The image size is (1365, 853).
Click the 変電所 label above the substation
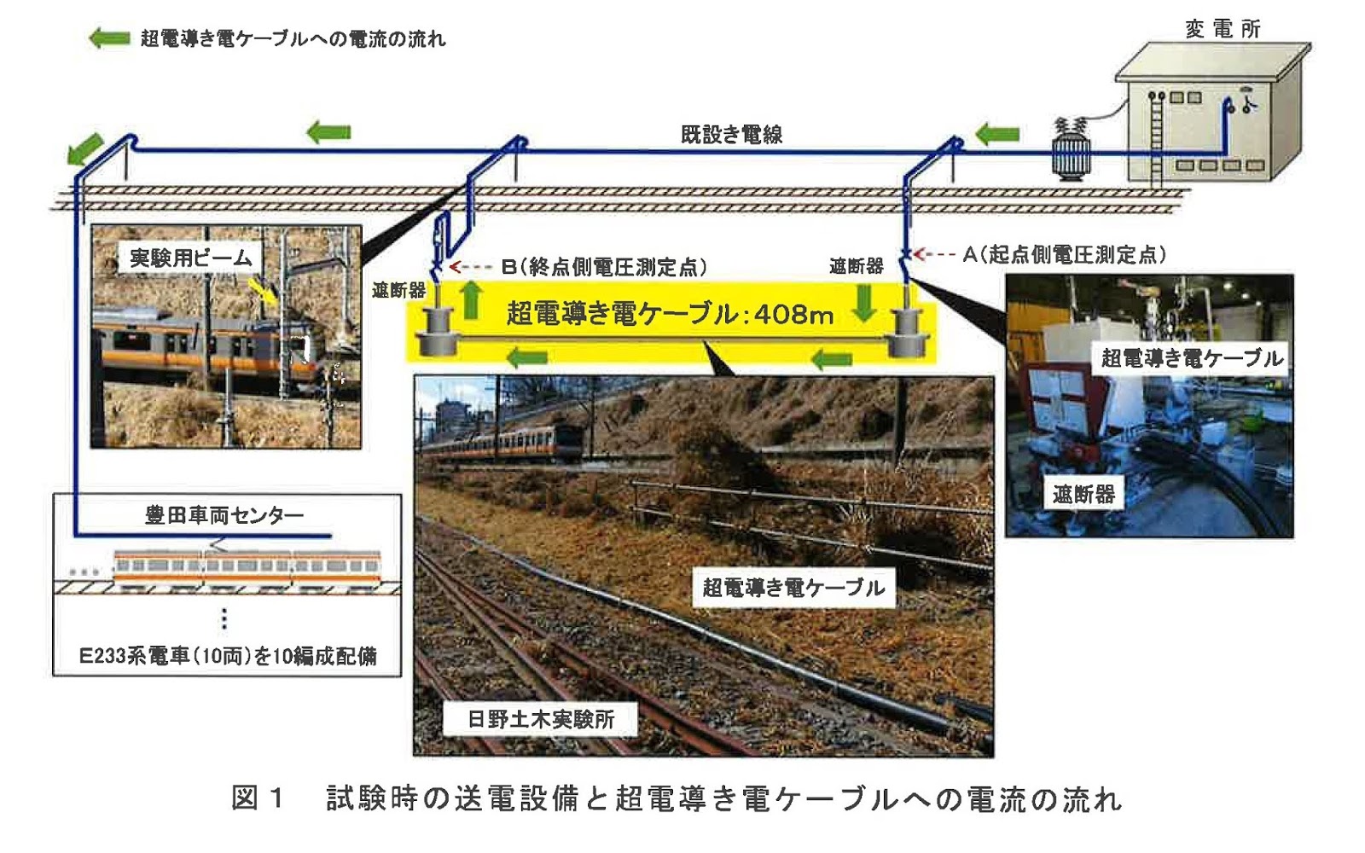tap(1222, 29)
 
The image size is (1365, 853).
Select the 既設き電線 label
tap(731, 134)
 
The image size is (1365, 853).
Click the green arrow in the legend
tap(109, 38)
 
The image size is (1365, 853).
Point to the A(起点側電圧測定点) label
tap(1064, 254)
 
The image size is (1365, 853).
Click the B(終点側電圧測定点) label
tap(604, 267)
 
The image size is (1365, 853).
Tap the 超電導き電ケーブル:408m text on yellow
tap(670, 314)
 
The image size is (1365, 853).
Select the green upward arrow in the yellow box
tap(471, 301)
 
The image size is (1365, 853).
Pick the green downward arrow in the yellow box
tap(864, 303)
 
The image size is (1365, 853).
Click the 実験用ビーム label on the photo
tap(190, 257)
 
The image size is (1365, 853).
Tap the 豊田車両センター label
tap(224, 514)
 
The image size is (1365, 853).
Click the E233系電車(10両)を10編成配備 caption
tap(228, 655)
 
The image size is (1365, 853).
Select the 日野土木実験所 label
tap(541, 719)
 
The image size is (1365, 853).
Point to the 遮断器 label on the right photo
tap(1083, 494)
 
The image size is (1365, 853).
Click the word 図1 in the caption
tap(256, 798)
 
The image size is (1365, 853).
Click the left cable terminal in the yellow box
tap(439, 333)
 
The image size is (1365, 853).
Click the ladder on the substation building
tap(1157, 136)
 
